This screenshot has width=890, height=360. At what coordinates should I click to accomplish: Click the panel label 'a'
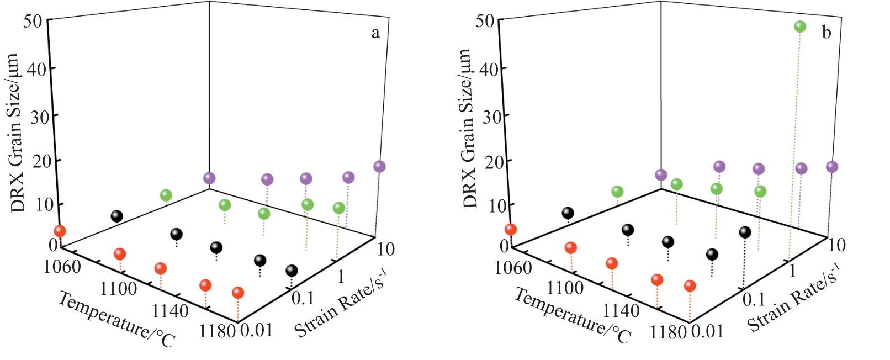tap(375, 33)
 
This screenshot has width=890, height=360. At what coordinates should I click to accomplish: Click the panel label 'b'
tap(827, 33)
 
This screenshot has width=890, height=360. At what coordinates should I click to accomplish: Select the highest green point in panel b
tap(799, 27)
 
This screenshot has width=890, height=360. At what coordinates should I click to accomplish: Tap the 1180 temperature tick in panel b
tap(668, 332)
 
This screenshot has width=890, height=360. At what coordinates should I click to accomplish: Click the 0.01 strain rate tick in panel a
tap(257, 330)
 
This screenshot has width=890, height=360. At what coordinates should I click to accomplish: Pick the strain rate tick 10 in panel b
tap(836, 244)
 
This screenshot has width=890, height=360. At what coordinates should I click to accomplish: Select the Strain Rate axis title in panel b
tap(793, 298)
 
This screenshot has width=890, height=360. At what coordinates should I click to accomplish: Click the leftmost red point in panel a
tap(59, 231)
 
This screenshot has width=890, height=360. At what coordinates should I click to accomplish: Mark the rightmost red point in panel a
tap(238, 293)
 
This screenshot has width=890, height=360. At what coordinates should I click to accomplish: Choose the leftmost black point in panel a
tap(116, 216)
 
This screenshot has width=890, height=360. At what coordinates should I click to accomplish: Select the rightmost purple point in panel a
tap(379, 166)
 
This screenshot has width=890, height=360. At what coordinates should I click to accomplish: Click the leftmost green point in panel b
tap(617, 192)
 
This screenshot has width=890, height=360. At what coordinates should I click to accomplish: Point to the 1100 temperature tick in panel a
tap(119, 288)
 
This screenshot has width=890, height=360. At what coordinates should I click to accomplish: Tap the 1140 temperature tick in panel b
tap(621, 310)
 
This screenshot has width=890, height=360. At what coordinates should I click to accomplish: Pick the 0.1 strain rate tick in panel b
tap(754, 299)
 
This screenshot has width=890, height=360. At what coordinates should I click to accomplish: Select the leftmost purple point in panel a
tap(209, 178)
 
